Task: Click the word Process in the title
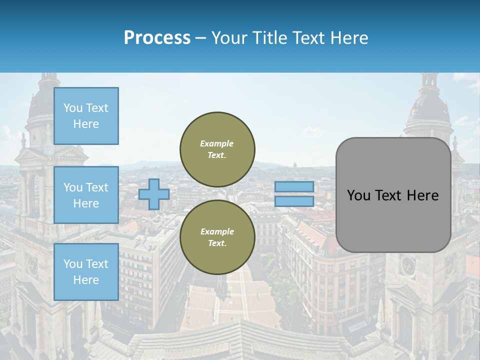157,38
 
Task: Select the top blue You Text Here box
86,116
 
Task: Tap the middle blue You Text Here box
86,195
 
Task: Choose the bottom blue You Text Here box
86,271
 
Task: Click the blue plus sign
154,194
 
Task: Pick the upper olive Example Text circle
217,149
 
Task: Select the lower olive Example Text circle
217,237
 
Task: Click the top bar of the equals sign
294,186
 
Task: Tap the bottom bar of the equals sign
294,201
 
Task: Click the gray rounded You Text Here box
393,195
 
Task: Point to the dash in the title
200,38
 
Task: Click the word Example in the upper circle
217,143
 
